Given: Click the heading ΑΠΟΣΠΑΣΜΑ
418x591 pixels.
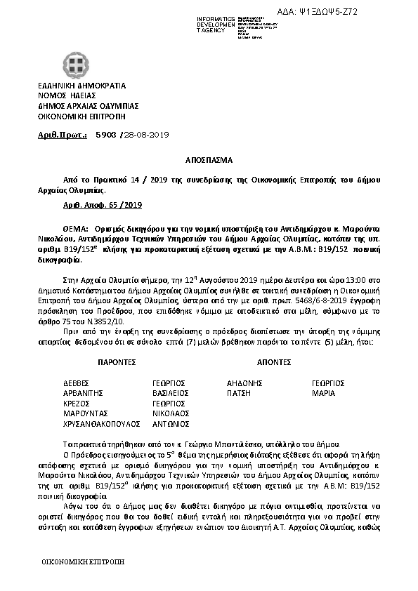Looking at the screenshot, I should [209, 160].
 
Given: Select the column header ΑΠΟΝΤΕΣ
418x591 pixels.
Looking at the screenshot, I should [273, 362].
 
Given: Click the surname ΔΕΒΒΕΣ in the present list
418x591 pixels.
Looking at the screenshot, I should [77, 383].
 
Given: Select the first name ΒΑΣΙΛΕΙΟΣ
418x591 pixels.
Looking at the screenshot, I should [171, 394].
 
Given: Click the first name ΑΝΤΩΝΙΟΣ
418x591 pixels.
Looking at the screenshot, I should [171, 425].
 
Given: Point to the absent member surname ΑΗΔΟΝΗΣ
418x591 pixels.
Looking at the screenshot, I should [245, 383].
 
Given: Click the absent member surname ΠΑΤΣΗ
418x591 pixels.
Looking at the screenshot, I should [239, 394].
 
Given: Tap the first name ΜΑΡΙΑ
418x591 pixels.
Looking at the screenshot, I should [323, 394].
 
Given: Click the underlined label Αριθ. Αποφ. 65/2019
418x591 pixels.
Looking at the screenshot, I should [98, 206].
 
